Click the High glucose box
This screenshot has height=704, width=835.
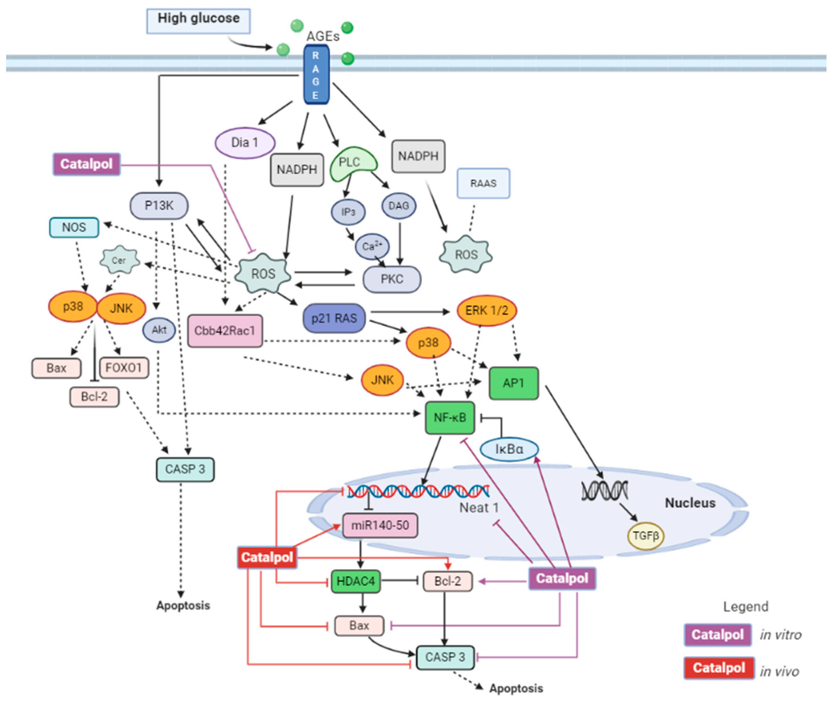point(198,21)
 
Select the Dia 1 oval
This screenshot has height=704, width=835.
point(245,143)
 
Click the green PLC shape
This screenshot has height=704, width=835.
point(351,164)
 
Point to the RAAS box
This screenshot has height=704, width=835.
point(483,183)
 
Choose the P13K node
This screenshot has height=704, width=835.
point(159,206)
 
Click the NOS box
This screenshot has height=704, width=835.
point(74,228)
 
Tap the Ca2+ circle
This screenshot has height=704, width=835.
point(372,246)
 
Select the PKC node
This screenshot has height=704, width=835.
point(391,279)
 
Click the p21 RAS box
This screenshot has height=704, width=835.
point(334,318)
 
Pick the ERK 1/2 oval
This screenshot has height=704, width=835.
point(486,310)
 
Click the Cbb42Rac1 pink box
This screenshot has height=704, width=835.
point(225,331)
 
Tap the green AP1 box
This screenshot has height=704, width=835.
point(513,383)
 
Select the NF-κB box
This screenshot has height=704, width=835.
point(450,418)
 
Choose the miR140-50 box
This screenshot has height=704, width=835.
point(380,525)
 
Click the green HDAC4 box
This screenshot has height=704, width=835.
point(356,581)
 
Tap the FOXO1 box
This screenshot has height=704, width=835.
point(124,368)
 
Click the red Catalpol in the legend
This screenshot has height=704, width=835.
point(718,668)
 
